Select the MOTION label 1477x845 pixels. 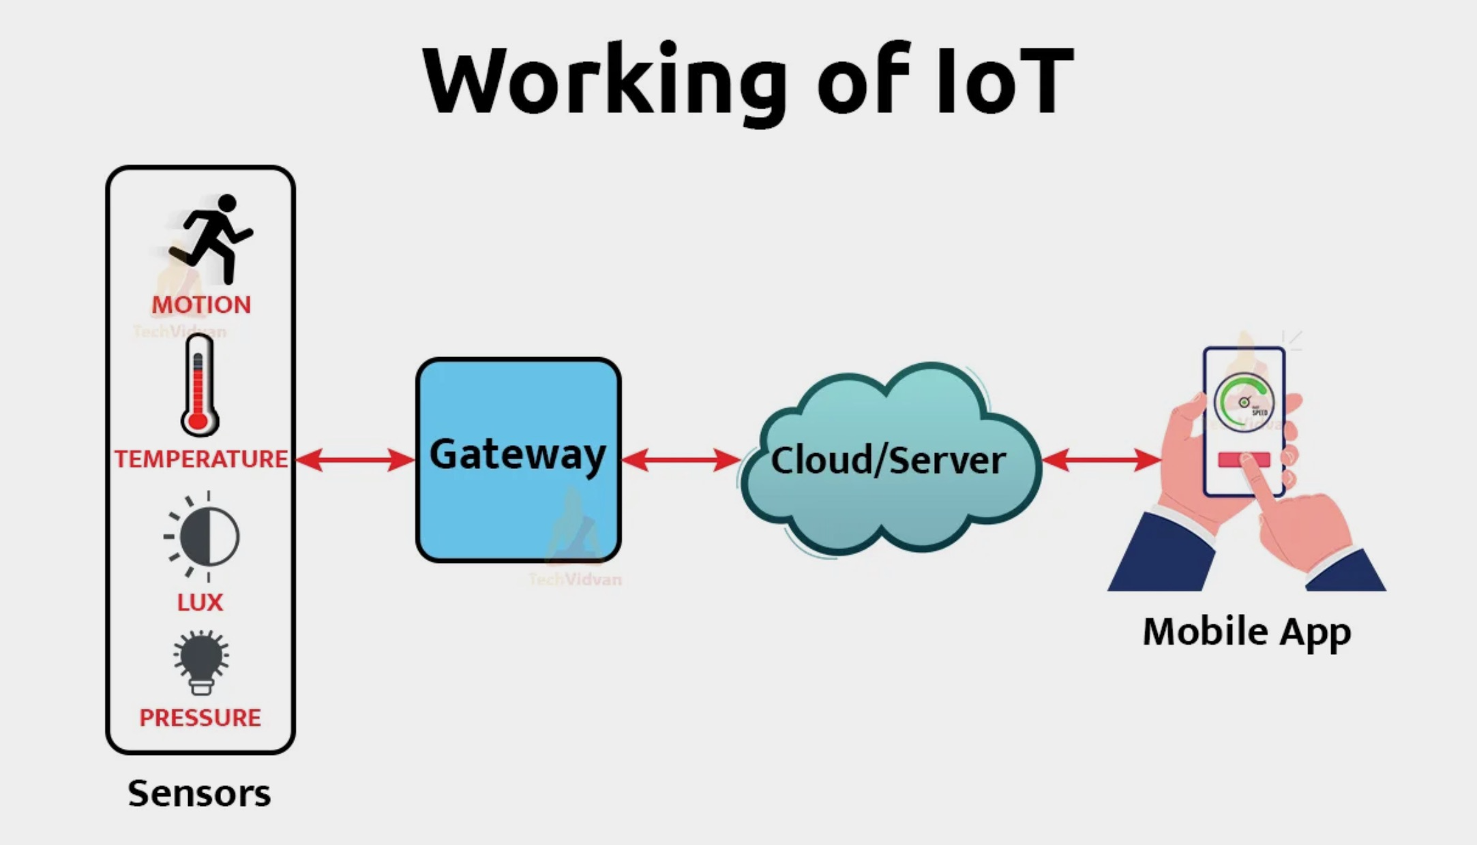[x=201, y=305]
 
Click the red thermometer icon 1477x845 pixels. [x=199, y=386]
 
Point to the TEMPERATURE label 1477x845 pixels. [x=200, y=459]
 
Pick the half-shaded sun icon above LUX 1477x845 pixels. [x=205, y=536]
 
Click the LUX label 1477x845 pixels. [x=200, y=602]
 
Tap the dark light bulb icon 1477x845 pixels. [x=200, y=662]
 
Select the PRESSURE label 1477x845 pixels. [x=200, y=718]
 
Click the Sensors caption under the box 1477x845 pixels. [x=199, y=793]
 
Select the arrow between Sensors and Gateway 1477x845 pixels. [x=355, y=460]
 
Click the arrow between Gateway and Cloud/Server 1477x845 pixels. [x=681, y=460]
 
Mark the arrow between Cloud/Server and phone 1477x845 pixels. [x=1101, y=460]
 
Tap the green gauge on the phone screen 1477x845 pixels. [x=1244, y=402]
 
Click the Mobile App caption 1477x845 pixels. [x=1247, y=632]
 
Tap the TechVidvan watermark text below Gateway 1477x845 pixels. [x=575, y=579]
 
